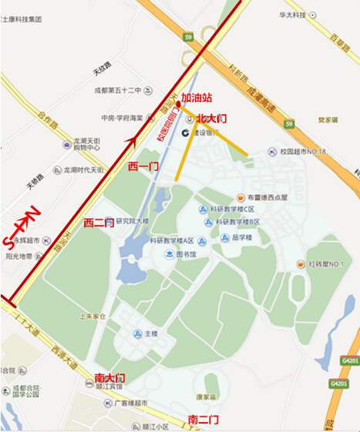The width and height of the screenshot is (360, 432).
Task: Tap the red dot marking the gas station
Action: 178,102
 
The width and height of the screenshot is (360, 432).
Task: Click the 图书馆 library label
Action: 186,254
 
